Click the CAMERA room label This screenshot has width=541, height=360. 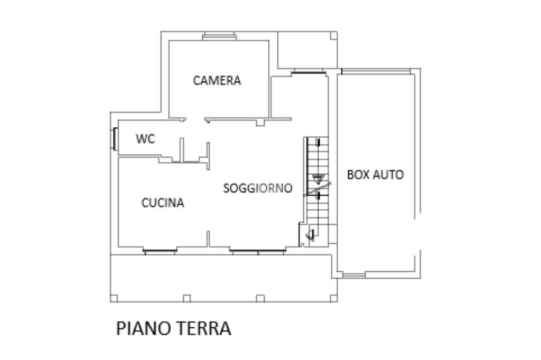pos(217,81)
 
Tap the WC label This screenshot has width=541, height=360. pos(145,139)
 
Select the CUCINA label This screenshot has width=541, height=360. pos(163,203)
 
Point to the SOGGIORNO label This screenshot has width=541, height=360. pos(257,188)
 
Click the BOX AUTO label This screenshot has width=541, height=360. pos(375,174)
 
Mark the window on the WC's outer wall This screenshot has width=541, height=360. pos(114,139)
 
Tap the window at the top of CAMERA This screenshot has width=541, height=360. pos(219,36)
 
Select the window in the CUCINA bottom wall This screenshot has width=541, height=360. pos(160,251)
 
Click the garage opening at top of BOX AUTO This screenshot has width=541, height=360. pos(376,71)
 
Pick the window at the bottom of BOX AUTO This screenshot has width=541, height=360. pos(353,274)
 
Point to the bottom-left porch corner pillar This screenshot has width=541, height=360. pos(114,299)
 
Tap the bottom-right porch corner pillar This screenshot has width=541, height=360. pos(334,299)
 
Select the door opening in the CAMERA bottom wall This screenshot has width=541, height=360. pos(195,120)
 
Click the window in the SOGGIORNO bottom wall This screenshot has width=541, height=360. pos(258,251)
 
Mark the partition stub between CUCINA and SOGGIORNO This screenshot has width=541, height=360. pos(209,239)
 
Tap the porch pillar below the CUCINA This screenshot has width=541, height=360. pos(186,299)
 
